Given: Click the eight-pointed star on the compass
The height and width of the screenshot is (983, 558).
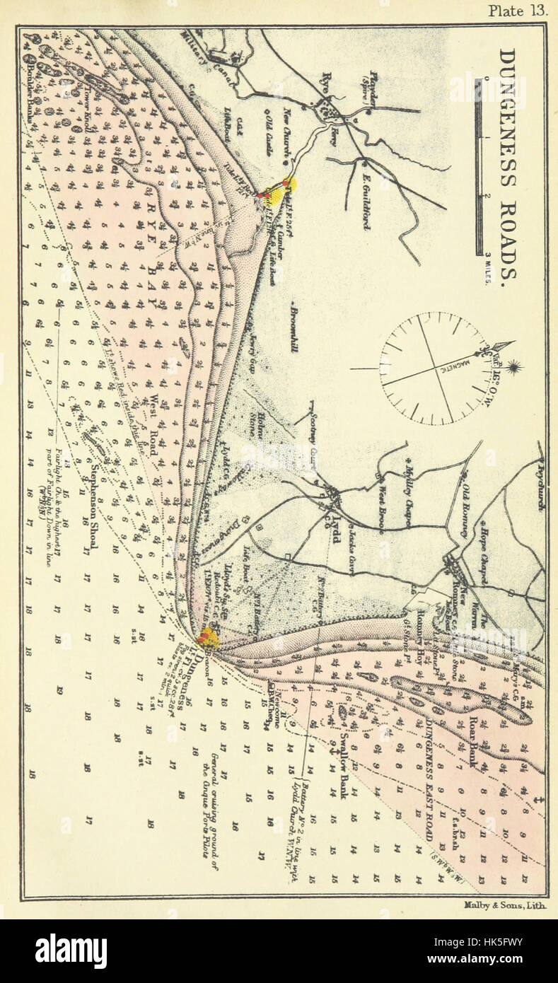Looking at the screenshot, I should pos(512,367).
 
